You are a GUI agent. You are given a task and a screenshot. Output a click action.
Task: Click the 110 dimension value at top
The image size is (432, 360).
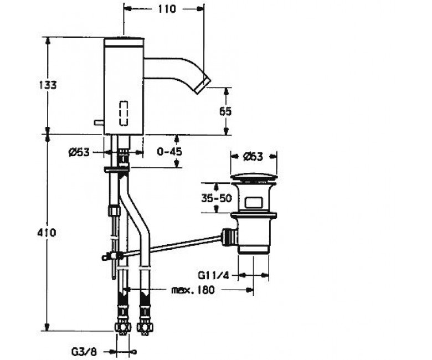tap(167, 9)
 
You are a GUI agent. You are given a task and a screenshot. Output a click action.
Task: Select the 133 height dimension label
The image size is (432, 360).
tap(48, 85)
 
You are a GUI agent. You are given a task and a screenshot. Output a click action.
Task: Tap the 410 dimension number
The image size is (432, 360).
tap(47, 233)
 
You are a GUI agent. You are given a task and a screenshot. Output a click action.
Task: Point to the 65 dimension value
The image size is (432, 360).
tap(225, 111)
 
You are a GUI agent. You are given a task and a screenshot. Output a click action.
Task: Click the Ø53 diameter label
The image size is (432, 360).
tap(79, 152)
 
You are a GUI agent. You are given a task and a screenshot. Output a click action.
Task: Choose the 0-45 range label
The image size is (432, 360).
tap(169, 152)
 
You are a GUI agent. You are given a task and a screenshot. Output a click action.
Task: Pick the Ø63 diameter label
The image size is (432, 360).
tap(253, 157)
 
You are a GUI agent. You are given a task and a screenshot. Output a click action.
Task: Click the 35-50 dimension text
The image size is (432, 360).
tap(217, 198)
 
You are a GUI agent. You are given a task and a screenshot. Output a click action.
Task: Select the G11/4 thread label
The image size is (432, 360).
tap(213, 275)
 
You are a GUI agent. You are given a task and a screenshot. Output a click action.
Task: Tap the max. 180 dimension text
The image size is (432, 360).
tap(193, 290)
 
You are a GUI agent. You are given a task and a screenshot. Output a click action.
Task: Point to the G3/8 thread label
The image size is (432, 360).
tap(84, 352)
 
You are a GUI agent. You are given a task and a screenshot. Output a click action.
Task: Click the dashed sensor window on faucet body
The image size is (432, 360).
tap(124, 114)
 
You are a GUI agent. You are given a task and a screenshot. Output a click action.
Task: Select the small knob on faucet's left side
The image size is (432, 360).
tap(99, 122)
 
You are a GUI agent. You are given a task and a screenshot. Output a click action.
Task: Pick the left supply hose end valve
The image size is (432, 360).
tap(122, 327)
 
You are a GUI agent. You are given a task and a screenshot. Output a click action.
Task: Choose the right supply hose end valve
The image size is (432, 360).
tap(145, 328)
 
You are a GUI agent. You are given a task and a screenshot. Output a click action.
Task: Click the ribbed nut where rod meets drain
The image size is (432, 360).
tap(228, 236)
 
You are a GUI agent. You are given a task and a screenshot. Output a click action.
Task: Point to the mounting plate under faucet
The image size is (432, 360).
tap(116, 169)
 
